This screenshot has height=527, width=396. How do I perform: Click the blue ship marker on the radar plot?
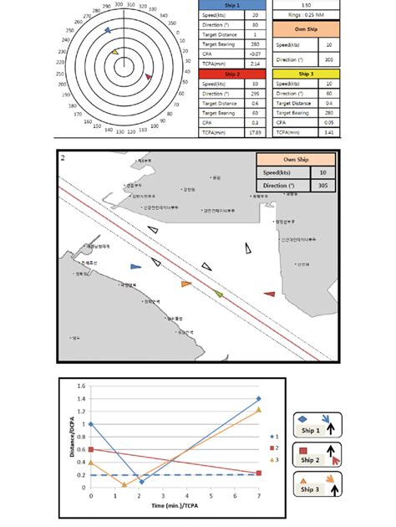click(106, 30)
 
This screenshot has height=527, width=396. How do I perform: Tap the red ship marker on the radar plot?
click(149, 77)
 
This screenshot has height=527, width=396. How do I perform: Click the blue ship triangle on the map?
click(135, 266)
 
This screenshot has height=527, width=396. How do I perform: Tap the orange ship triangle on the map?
click(185, 284)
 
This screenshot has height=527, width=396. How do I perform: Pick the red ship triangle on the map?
click(269, 294)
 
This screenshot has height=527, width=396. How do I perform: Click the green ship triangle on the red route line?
click(219, 294)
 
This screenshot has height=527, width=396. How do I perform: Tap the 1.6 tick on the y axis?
click(81, 386)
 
